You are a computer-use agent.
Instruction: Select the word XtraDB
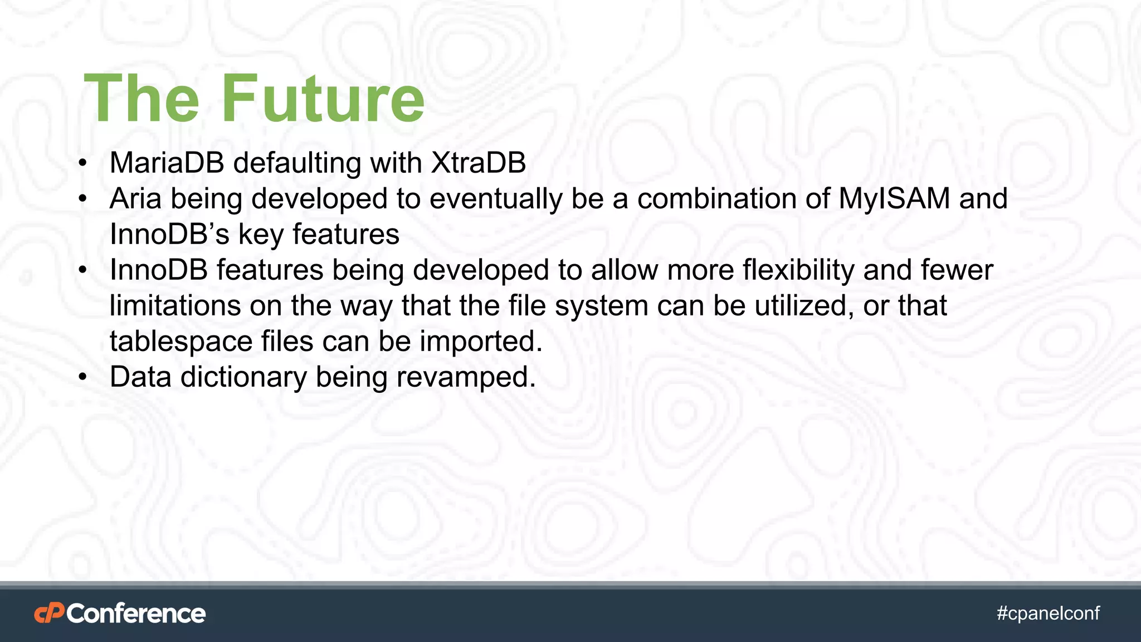pos(478,163)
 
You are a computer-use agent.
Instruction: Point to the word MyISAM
pos(894,198)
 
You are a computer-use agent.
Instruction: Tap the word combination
pos(717,198)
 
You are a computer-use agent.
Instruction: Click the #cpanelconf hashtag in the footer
pos(1048,613)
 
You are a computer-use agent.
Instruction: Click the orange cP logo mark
pos(49,613)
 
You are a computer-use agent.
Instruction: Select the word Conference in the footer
pos(136,613)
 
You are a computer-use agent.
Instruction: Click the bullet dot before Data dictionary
pos(83,378)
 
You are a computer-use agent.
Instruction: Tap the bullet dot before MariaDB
pos(83,164)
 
